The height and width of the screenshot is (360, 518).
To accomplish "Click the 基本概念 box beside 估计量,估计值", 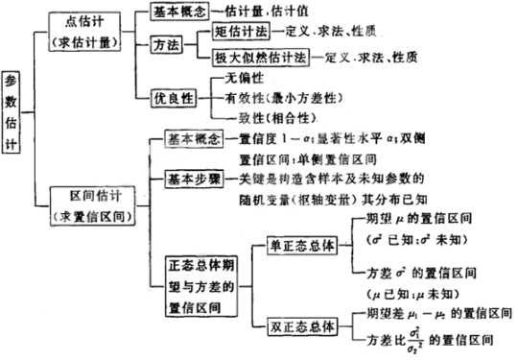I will [x=182, y=9].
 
